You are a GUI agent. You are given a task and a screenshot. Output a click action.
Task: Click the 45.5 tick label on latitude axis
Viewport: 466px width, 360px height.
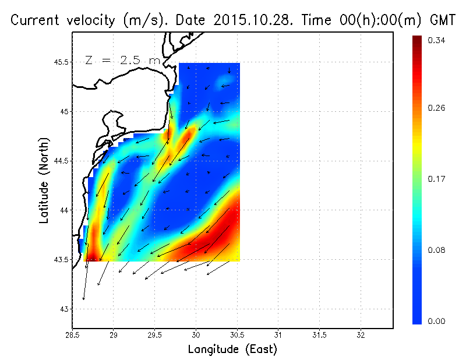61,62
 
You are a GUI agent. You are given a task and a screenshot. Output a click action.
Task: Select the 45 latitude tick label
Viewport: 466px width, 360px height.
63,111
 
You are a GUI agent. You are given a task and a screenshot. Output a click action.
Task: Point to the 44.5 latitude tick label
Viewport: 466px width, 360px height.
61,161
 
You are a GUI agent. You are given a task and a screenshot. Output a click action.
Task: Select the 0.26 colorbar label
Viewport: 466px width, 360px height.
437,108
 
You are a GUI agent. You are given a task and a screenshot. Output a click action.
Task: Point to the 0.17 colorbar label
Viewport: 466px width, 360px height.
437,180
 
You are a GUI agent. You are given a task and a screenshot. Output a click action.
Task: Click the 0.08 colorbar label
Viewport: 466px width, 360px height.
437,251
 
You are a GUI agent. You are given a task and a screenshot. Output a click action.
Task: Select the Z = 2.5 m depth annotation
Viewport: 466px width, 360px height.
122,59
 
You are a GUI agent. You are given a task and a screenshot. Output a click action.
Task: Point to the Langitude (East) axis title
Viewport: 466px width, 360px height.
232,350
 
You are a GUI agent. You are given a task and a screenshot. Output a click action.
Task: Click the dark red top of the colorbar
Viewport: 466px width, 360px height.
417,41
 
